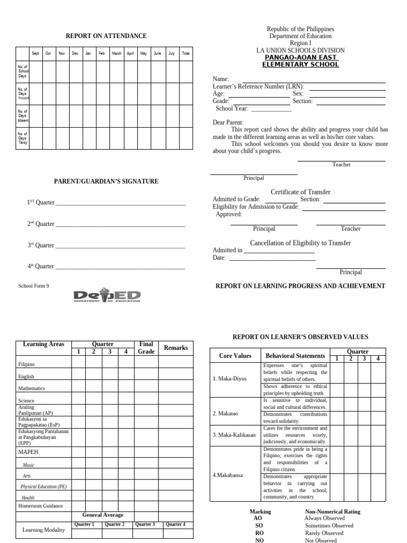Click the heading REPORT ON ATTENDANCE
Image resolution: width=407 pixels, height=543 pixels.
106,36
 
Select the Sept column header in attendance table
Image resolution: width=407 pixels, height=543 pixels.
36,54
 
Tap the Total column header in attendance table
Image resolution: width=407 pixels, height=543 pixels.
185,54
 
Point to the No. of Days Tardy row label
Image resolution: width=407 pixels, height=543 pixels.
23,138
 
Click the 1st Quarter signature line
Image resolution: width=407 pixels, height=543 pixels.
120,204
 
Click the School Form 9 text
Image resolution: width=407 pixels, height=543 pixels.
33,286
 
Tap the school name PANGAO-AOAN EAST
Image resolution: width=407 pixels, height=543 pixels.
300,57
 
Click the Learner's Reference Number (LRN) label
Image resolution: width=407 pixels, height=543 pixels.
258,86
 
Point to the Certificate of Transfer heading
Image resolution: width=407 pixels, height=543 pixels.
300,192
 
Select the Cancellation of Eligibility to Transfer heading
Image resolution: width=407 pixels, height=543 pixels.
300,243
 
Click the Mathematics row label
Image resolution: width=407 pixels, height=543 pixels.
32,388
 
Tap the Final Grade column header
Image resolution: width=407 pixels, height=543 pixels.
146,348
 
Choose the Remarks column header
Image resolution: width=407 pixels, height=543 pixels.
175,348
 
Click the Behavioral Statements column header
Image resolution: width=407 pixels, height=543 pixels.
295,356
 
